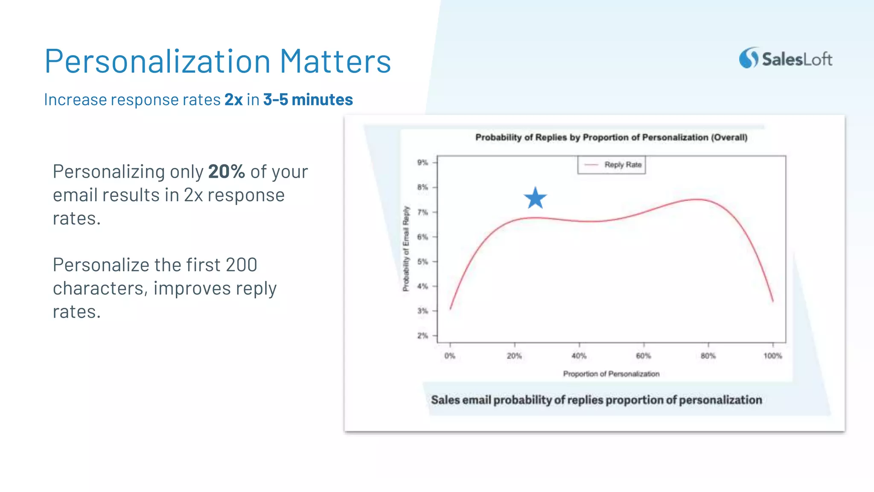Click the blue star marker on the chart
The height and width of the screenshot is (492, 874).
tap(535, 198)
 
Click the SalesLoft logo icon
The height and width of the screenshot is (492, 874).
tap(749, 58)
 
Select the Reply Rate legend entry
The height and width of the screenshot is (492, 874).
tap(612, 165)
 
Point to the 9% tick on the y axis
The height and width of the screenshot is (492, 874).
tap(422, 162)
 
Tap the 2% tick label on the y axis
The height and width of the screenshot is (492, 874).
tap(422, 336)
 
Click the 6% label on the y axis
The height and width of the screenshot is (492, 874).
tap(422, 237)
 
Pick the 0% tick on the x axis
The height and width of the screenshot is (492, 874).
tap(450, 356)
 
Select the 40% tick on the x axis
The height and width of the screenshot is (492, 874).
tap(579, 356)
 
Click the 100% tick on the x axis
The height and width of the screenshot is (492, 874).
tap(773, 356)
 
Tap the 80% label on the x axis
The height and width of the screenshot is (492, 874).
tap(708, 356)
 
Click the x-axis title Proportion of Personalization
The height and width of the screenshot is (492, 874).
tap(611, 374)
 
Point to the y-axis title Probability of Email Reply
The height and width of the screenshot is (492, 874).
tap(406, 249)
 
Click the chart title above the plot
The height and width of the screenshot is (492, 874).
tap(611, 138)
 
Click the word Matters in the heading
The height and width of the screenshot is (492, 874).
tap(335, 61)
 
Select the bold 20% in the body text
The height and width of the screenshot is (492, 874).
tap(226, 172)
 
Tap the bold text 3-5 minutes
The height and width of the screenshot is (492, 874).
tap(308, 100)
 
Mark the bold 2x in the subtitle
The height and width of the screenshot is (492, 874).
tap(233, 100)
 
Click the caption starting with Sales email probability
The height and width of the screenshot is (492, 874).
tap(596, 400)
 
